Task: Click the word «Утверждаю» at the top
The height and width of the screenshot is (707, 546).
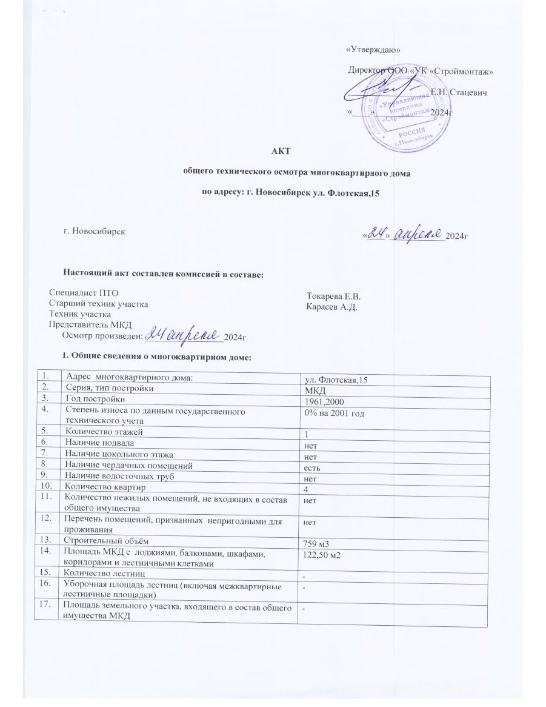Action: (373, 49)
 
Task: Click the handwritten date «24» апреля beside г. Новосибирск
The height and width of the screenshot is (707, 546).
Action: (403, 234)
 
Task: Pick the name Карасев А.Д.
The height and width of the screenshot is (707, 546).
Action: (333, 306)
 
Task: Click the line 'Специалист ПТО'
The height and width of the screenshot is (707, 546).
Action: (79, 293)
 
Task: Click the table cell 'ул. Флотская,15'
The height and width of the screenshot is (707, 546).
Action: (336, 379)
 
